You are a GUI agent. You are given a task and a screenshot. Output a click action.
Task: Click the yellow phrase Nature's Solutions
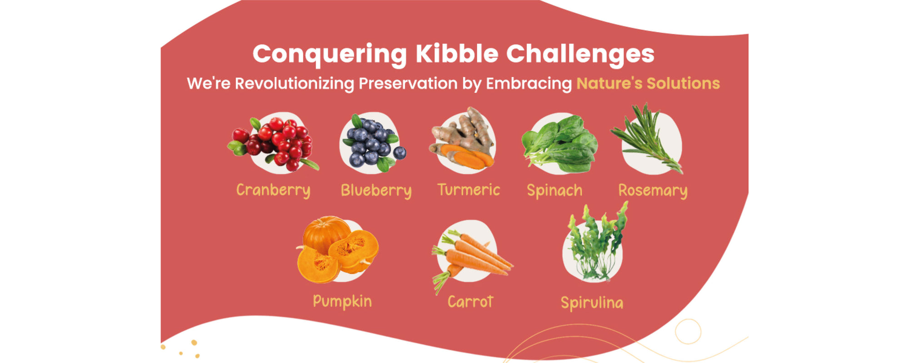coord(648,83)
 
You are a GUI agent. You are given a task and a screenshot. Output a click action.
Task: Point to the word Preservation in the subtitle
coord(408,83)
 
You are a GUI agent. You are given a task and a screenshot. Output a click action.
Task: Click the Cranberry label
coord(273,190)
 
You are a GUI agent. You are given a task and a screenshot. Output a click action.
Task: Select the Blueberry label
coord(376,190)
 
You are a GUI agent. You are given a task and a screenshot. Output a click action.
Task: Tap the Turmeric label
coord(469,189)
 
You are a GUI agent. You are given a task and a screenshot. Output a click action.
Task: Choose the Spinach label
coord(554,190)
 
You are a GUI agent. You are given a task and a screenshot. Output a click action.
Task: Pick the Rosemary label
coord(653,190)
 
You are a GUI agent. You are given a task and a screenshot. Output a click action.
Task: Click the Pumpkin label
coord(342,302)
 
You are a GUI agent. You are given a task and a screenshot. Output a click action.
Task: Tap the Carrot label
coord(470,302)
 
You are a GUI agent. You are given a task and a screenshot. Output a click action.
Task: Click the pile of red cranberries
coord(273,143)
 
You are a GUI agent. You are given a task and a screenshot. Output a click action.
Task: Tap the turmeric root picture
coord(462,139)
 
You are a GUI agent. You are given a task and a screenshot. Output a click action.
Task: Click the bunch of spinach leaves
coord(560,143)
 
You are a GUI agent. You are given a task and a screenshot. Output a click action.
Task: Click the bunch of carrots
coord(470,259)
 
